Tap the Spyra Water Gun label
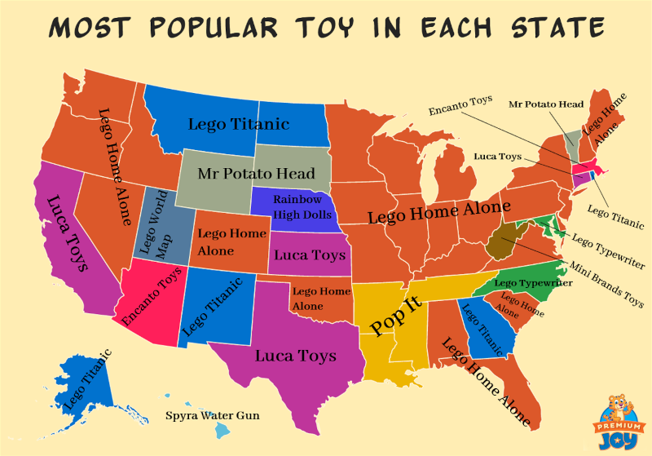213,416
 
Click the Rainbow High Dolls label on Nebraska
297,207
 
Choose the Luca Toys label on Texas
296,356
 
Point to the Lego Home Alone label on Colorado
232,241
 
